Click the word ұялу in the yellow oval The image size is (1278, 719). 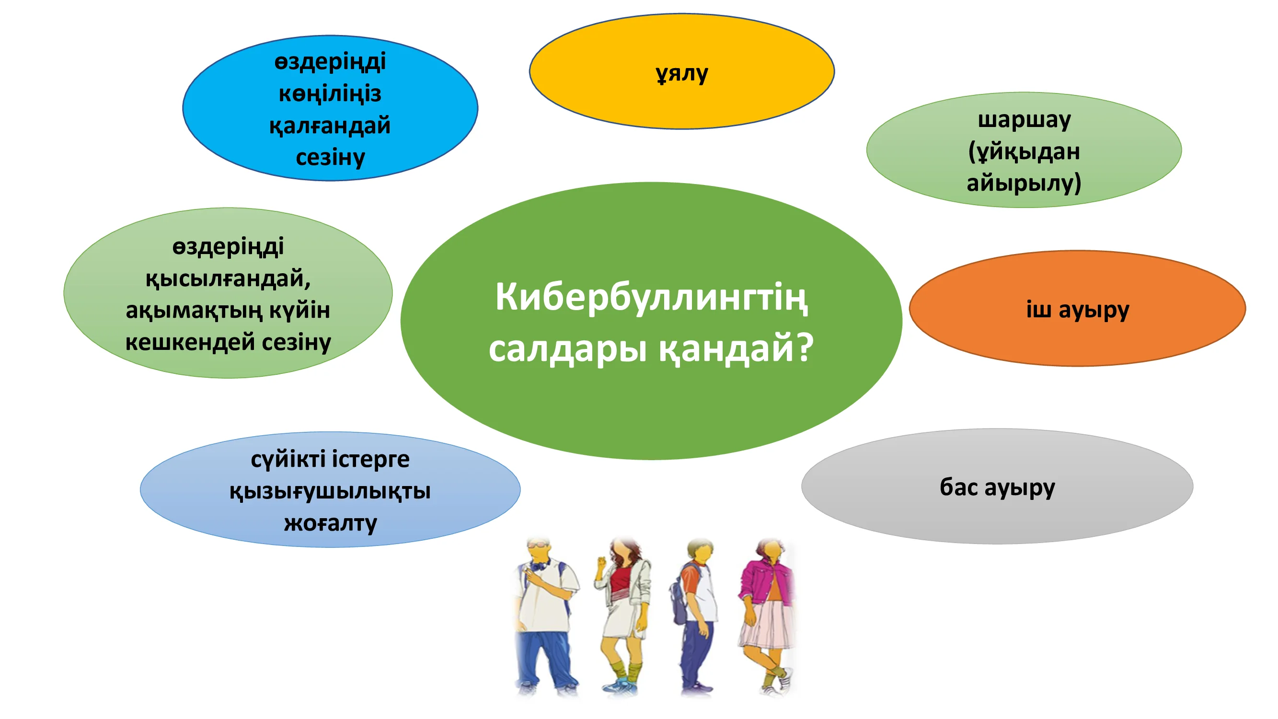click(x=682, y=74)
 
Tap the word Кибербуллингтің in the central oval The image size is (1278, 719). click(x=651, y=298)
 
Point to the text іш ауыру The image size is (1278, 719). click(x=1078, y=311)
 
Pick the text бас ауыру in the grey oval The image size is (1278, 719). click(x=997, y=488)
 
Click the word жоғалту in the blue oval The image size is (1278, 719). click(x=331, y=523)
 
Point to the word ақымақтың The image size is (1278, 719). click(x=194, y=311)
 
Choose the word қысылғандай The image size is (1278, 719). click(x=228, y=279)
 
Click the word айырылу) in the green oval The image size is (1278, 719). click(x=1024, y=183)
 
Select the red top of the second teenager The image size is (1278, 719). click(x=621, y=581)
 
